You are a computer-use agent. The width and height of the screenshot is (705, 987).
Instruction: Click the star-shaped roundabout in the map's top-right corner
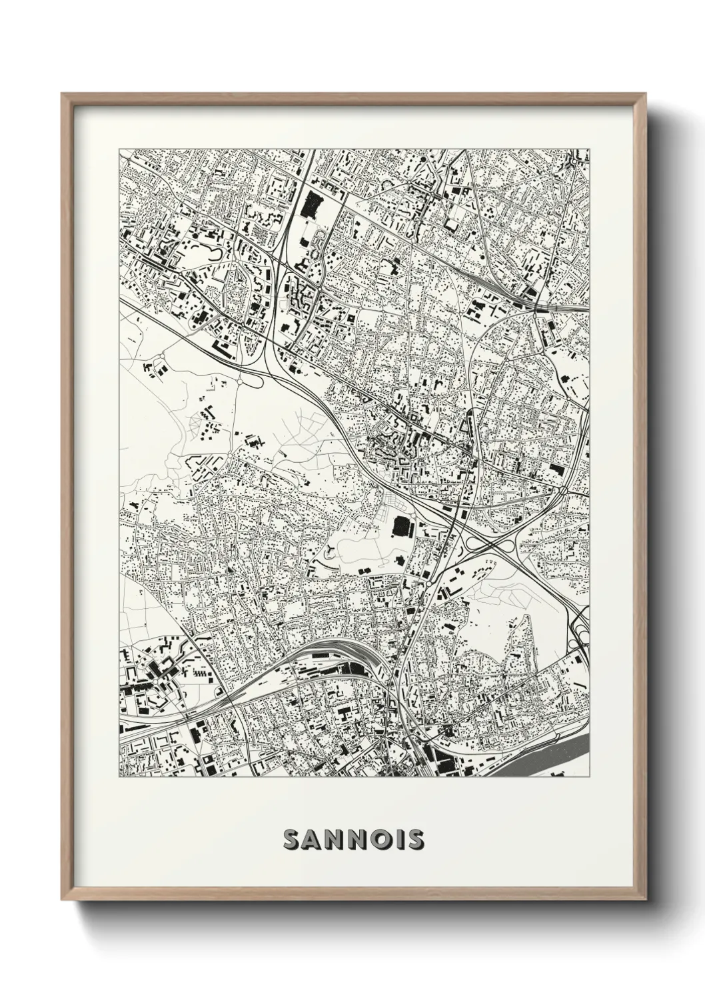(573, 161)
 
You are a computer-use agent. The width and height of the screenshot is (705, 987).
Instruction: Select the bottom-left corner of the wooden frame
(63, 898)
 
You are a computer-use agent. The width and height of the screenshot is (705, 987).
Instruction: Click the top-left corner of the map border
(119, 149)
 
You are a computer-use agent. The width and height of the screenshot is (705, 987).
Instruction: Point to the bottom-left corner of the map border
(119, 778)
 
